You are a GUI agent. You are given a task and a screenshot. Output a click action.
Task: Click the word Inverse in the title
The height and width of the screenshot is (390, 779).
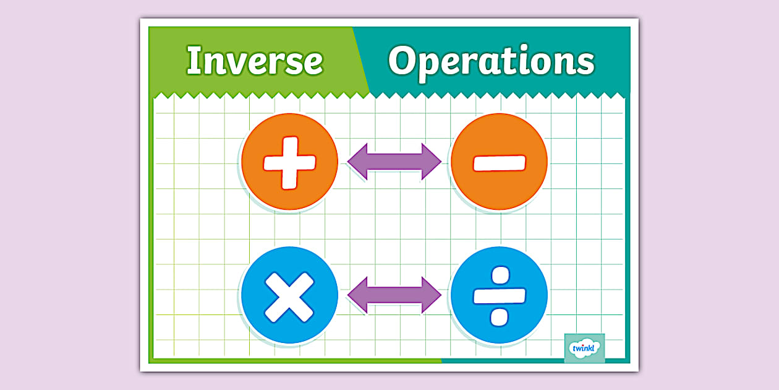[254, 61]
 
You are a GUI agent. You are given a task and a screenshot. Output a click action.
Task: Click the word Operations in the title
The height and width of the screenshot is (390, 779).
[491, 61]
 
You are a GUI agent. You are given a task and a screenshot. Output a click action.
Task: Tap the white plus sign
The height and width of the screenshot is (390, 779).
[289, 162]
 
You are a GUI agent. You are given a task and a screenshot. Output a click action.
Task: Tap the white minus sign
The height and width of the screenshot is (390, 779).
[499, 162]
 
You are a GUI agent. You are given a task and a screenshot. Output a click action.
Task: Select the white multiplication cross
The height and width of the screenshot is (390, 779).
[289, 296]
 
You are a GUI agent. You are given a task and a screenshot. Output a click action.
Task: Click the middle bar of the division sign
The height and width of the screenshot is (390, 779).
[499, 296]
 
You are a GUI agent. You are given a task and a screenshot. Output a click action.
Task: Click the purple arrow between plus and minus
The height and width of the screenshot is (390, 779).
[394, 162]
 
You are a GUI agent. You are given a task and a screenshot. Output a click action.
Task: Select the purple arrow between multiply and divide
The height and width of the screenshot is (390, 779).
[394, 295]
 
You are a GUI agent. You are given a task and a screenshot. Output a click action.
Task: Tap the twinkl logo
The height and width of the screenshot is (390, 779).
[584, 348]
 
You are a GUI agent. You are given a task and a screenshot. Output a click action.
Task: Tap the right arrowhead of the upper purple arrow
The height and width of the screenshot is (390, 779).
[431, 162]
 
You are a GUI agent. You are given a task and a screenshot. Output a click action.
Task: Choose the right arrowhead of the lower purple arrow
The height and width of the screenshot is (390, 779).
[431, 295]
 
